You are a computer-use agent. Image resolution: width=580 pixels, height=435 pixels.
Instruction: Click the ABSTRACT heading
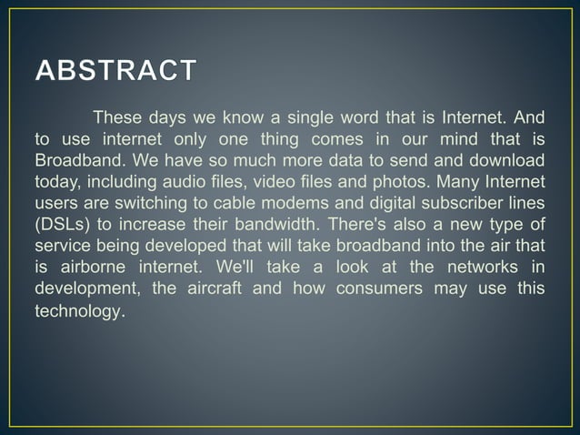115,71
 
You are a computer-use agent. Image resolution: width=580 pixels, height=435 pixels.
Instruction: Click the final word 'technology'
77,310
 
